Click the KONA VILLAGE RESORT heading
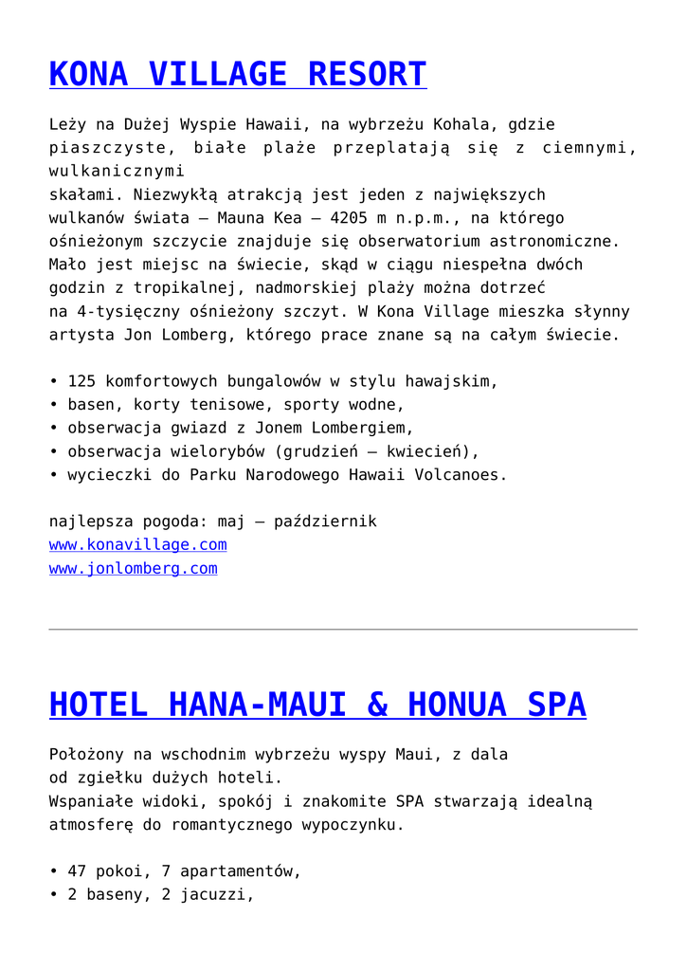[x=238, y=74]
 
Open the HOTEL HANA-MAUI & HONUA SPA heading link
[x=317, y=705]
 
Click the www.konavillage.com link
[x=137, y=545]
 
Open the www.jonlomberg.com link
[x=133, y=569]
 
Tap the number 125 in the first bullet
[x=81, y=382]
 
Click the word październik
[x=325, y=522]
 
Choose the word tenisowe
[x=208, y=405]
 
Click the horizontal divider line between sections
[x=343, y=630]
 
